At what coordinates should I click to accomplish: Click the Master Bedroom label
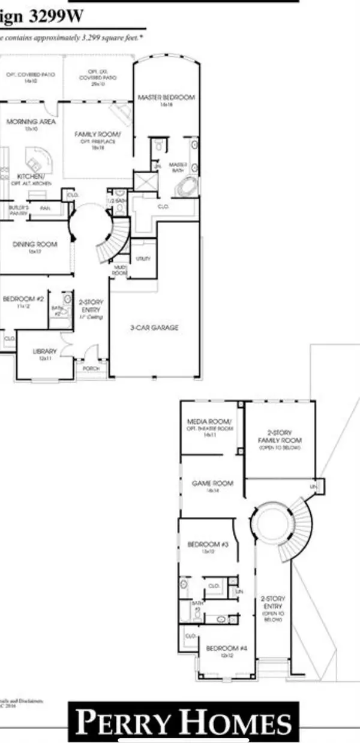click(x=166, y=98)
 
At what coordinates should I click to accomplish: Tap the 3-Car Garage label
click(x=155, y=328)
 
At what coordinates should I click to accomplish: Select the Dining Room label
click(x=35, y=244)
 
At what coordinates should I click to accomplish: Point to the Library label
click(x=45, y=351)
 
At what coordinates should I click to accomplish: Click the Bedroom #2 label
click(x=23, y=298)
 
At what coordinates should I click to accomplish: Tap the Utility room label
click(x=143, y=258)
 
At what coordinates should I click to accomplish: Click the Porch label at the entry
click(x=91, y=368)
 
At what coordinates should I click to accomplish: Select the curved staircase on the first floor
click(x=115, y=240)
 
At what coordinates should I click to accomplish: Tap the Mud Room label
click(x=119, y=270)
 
